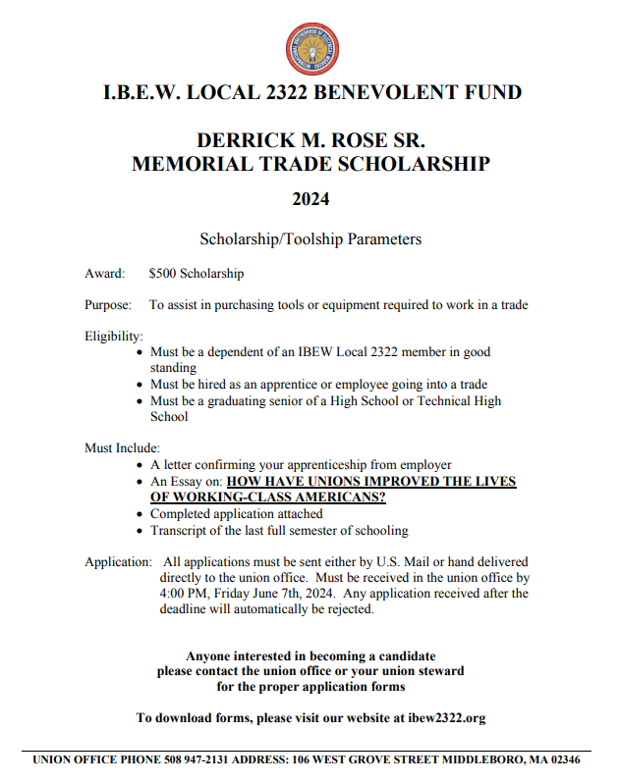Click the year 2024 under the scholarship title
pos(310,199)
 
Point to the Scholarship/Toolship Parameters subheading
pos(310,238)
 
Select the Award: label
pos(104,274)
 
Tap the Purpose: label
pos(108,305)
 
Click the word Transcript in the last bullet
pos(180,531)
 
